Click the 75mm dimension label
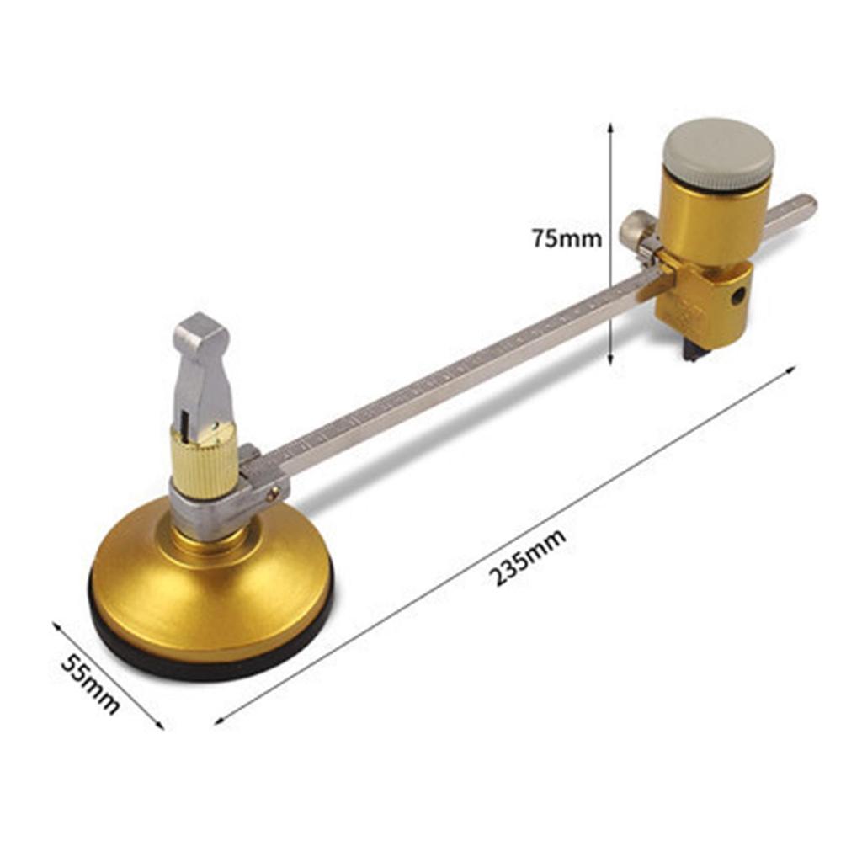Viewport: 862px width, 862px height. pos(567,238)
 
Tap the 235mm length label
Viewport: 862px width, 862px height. pos(528,556)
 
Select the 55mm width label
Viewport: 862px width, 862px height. pos(90,683)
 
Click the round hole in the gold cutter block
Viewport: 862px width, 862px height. pos(737,296)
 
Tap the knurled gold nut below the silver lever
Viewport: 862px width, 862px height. pos(204,461)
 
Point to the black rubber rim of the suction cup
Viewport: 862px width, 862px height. pos(210,666)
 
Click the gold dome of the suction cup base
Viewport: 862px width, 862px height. pos(210,589)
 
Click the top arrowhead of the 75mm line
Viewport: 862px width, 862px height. pos(610,126)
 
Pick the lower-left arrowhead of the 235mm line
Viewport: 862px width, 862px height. pos(219,721)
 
